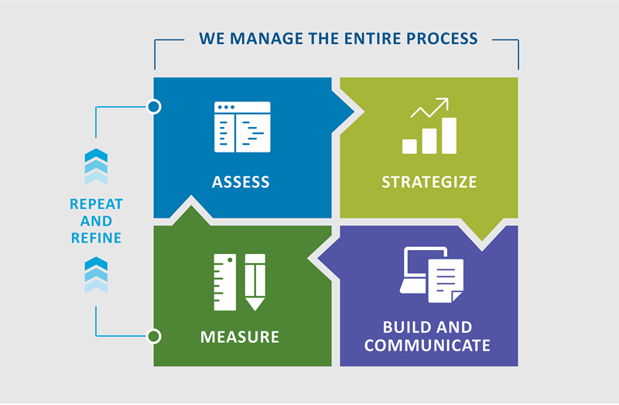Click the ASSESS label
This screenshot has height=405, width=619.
241,183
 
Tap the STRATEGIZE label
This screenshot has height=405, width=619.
429,183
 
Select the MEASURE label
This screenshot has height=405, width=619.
240,338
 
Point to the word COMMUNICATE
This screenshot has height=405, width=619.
427,345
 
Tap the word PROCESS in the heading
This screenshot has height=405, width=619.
443,38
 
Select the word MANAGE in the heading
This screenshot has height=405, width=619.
275,38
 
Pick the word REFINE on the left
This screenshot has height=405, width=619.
96,238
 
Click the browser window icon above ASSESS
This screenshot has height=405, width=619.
242,127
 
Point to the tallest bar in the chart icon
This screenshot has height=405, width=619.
449,135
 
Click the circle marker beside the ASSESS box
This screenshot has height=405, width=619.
154,106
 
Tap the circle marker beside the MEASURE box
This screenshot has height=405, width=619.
154,336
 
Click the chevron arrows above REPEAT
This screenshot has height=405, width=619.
96,166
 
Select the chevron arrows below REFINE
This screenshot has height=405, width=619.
96,276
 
